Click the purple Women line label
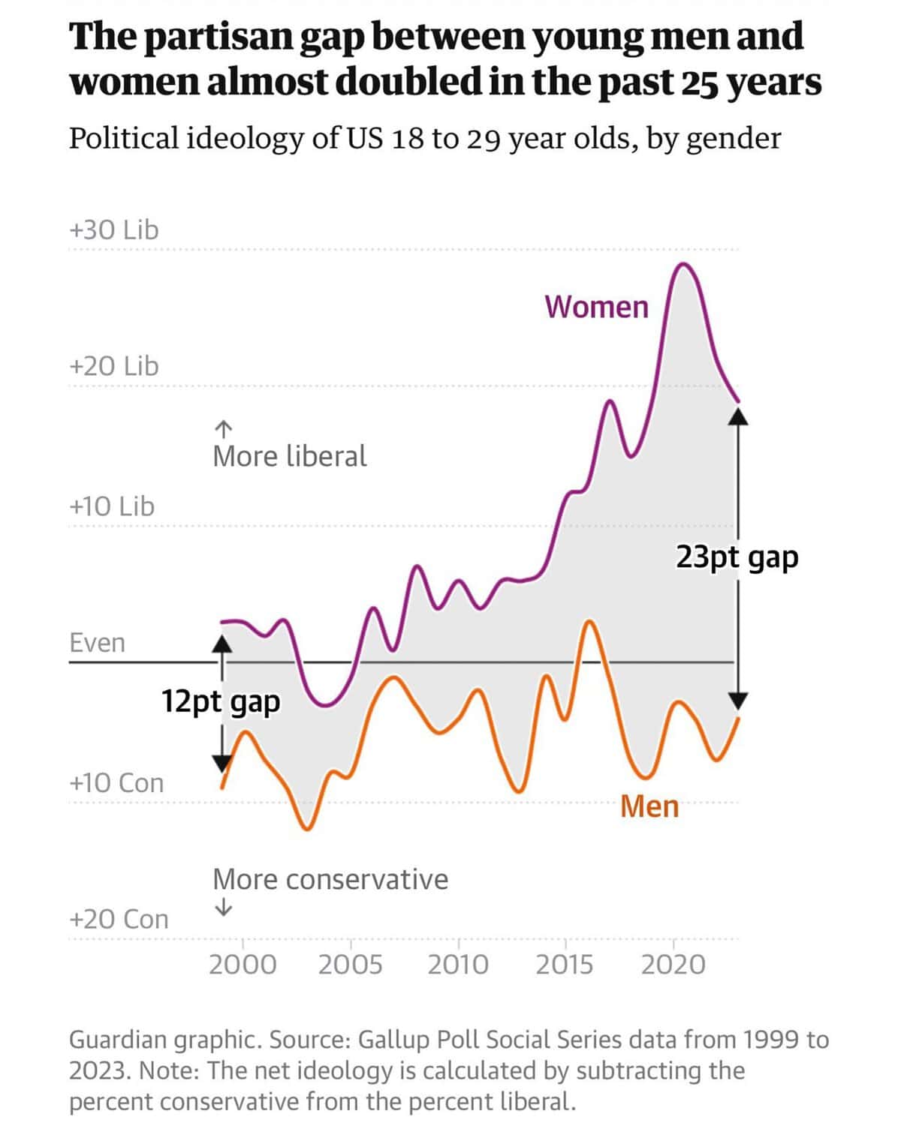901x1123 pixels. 596,307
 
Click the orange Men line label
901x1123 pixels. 649,806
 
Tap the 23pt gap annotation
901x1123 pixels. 737,557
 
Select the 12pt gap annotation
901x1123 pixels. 221,701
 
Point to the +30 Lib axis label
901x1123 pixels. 114,230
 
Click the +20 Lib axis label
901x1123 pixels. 114,366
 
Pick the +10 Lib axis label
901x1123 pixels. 112,506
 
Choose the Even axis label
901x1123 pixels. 98,643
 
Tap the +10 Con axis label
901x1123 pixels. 116,783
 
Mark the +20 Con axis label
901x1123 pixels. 119,919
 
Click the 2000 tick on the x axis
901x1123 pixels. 243,964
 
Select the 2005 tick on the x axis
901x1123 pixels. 350,964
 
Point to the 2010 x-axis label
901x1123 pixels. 458,964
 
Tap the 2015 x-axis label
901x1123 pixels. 565,964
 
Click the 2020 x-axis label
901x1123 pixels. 673,964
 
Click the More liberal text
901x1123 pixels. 290,456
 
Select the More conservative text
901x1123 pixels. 330,879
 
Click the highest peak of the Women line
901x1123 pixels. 683,264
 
